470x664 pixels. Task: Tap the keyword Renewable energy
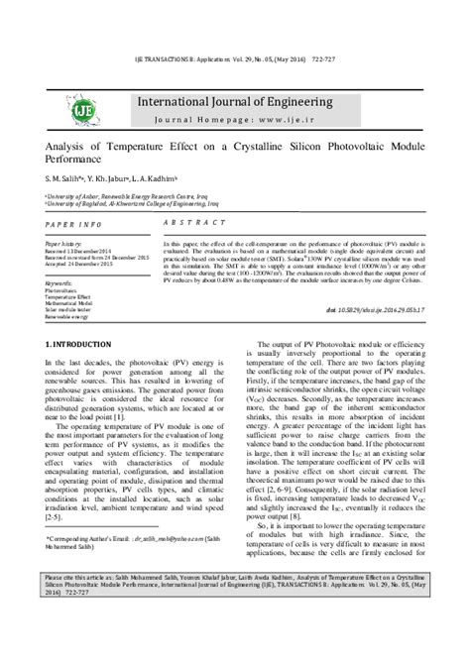[67, 316]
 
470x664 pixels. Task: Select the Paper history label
[64, 242]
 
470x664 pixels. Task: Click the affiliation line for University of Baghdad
[109, 203]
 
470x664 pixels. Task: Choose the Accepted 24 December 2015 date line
[80, 263]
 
